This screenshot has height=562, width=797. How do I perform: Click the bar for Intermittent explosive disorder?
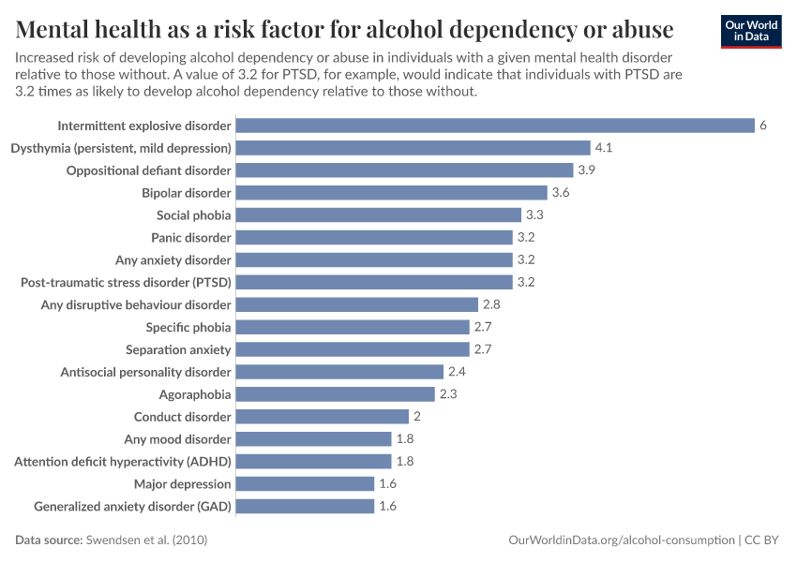494,126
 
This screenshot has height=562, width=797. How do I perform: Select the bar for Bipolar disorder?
390,193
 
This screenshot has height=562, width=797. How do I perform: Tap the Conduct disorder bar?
322,417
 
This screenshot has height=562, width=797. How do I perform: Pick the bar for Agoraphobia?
335,394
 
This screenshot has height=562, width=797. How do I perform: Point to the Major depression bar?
304,484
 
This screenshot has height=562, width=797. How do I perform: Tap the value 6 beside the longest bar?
763,126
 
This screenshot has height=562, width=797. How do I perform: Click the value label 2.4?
458,372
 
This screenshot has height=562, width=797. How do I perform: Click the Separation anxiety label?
178,349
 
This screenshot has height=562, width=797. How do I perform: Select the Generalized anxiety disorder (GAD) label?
132,507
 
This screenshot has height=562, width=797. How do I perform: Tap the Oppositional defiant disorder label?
148,170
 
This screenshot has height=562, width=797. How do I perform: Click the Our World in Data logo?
750,31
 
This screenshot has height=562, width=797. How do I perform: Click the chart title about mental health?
344,30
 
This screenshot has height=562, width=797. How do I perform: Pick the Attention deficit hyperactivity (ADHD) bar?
313,462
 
